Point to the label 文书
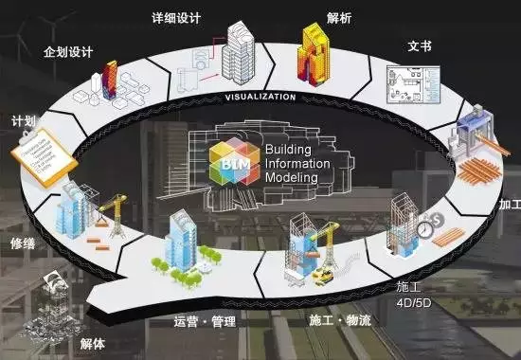(420, 45)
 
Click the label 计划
(24, 122)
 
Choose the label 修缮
(23, 243)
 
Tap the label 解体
(93, 342)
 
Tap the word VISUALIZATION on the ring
(260, 97)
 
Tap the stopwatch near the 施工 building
(426, 225)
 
